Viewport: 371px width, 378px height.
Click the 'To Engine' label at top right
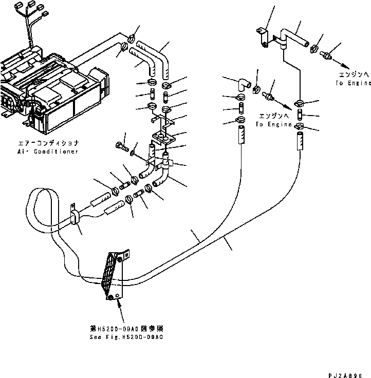(x=353, y=83)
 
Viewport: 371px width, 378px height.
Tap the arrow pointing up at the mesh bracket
(x=120, y=309)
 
